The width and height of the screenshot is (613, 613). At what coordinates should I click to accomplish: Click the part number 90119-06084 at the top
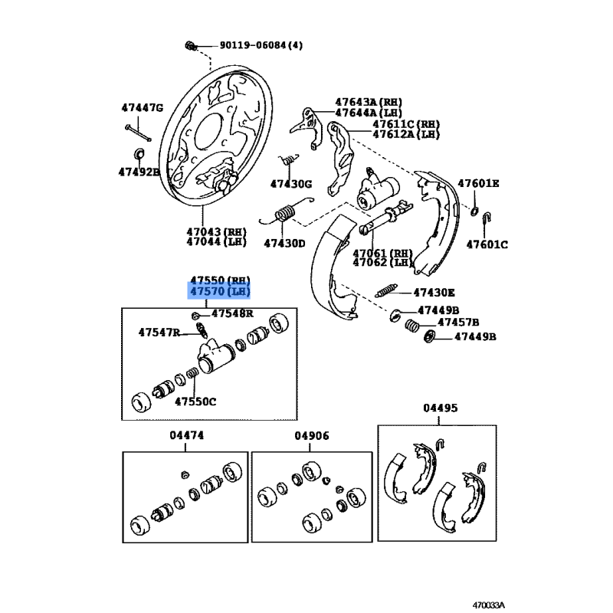pyautogui.click(x=251, y=45)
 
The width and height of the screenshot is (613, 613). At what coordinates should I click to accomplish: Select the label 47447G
pyautogui.click(x=143, y=107)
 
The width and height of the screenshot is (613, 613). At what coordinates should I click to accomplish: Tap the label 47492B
pyautogui.click(x=139, y=172)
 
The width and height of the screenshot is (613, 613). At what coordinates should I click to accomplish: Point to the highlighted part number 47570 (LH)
pyautogui.click(x=220, y=291)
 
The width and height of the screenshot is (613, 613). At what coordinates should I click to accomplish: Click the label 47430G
pyautogui.click(x=291, y=184)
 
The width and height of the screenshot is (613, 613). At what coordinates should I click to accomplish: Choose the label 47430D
pyautogui.click(x=284, y=244)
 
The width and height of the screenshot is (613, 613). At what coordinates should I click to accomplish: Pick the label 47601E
pyautogui.click(x=478, y=183)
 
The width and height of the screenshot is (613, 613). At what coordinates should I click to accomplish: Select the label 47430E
pyautogui.click(x=434, y=292)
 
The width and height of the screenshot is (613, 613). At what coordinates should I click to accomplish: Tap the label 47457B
pyautogui.click(x=458, y=323)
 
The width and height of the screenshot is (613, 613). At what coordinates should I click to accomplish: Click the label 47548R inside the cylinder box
pyautogui.click(x=232, y=313)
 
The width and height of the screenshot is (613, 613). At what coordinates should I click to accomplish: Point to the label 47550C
pyautogui.click(x=195, y=401)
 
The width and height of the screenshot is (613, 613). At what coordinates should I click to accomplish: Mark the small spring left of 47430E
pyautogui.click(x=385, y=291)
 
